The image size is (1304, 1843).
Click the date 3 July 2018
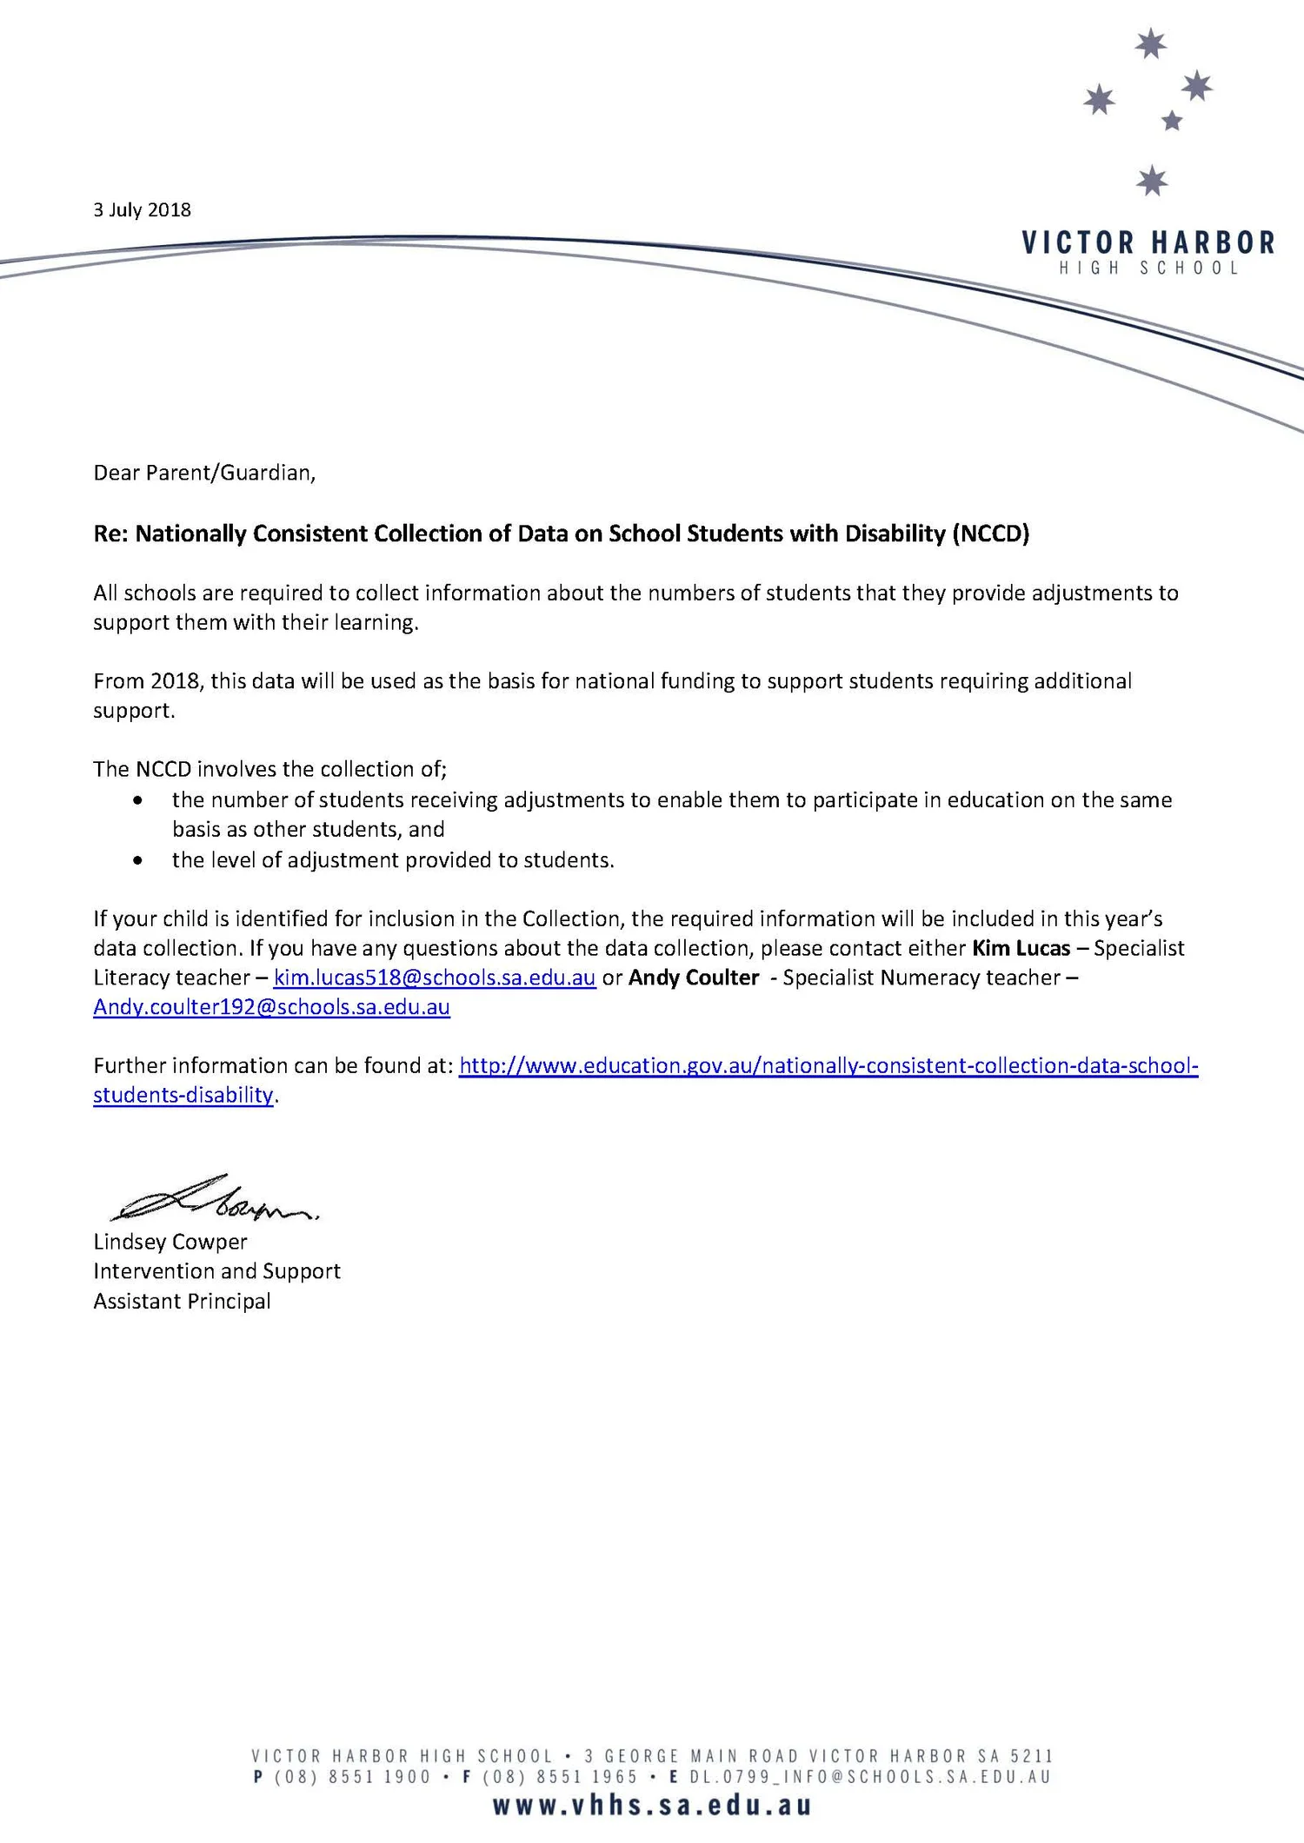pyautogui.click(x=142, y=210)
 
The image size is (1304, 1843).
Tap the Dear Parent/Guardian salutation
pyautogui.click(x=204, y=473)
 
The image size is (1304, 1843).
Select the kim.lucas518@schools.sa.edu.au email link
pyautogui.click(x=435, y=978)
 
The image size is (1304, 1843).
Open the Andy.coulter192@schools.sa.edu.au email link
pyautogui.click(x=271, y=1007)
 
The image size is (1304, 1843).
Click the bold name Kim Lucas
pyautogui.click(x=1021, y=948)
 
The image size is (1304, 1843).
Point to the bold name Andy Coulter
pyautogui.click(x=694, y=978)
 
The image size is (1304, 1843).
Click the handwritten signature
pyautogui.click(x=213, y=1200)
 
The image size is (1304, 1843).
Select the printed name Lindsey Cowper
pyautogui.click(x=170, y=1242)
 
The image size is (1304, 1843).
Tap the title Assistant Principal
pyautogui.click(x=182, y=1301)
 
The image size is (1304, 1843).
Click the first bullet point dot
pyautogui.click(x=137, y=800)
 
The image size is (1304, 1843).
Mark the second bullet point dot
pyautogui.click(x=137, y=860)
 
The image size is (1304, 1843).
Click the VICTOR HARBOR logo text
pyautogui.click(x=1148, y=242)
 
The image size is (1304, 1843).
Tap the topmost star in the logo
pyautogui.click(x=1151, y=43)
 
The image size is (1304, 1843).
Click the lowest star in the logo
pyautogui.click(x=1152, y=181)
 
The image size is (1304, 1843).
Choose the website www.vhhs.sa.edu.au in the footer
pyautogui.click(x=652, y=1806)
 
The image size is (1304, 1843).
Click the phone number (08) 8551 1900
pyautogui.click(x=353, y=1777)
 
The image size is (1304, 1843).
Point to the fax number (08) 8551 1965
pyautogui.click(x=561, y=1777)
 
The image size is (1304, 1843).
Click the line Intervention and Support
pyautogui.click(x=216, y=1271)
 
